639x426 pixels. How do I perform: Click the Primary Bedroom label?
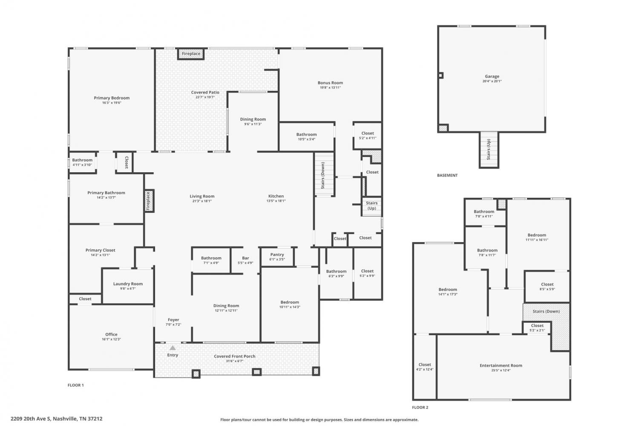click(x=112, y=98)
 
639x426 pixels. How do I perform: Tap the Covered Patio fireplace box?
click(x=191, y=54)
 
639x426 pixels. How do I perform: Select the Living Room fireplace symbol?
click(x=149, y=201)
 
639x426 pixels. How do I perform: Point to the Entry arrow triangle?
click(x=173, y=348)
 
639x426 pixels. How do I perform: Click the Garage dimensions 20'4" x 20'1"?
click(x=492, y=81)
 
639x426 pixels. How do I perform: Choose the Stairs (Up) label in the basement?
click(x=489, y=149)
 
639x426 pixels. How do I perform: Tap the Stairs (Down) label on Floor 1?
click(x=323, y=176)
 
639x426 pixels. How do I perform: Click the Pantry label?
click(x=277, y=255)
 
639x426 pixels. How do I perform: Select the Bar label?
click(x=245, y=258)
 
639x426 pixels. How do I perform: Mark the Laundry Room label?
click(x=128, y=284)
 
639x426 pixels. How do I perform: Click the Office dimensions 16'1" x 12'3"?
click(x=111, y=339)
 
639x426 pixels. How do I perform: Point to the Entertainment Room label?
click(x=501, y=365)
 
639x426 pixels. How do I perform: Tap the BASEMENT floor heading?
click(x=447, y=175)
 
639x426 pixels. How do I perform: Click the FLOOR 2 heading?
click(x=420, y=407)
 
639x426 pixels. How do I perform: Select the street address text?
click(x=57, y=419)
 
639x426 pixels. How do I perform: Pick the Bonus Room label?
click(x=330, y=83)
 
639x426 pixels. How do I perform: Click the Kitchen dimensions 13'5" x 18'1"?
click(x=276, y=201)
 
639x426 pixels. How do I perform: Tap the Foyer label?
click(x=173, y=320)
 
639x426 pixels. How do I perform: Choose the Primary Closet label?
click(x=101, y=250)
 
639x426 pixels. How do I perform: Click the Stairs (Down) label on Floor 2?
click(x=546, y=311)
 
